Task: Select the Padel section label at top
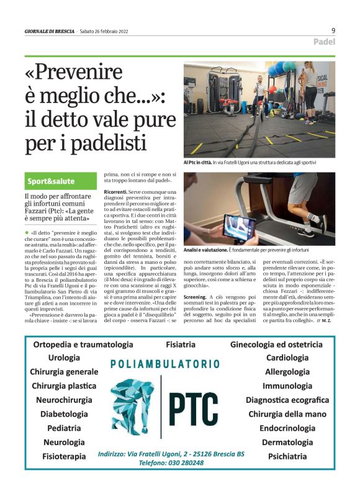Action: pyautogui.click(x=324, y=42)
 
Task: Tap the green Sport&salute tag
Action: pyautogui.click(x=51, y=181)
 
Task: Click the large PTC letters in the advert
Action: pyautogui.click(x=194, y=407)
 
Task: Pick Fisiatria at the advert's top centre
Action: pyautogui.click(x=181, y=344)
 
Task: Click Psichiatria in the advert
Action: pyautogui.click(x=287, y=456)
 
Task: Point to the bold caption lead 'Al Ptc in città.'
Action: pyautogui.click(x=202, y=163)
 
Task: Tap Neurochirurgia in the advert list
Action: pyautogui.click(x=65, y=400)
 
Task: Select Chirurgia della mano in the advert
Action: pyautogui.click(x=287, y=414)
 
